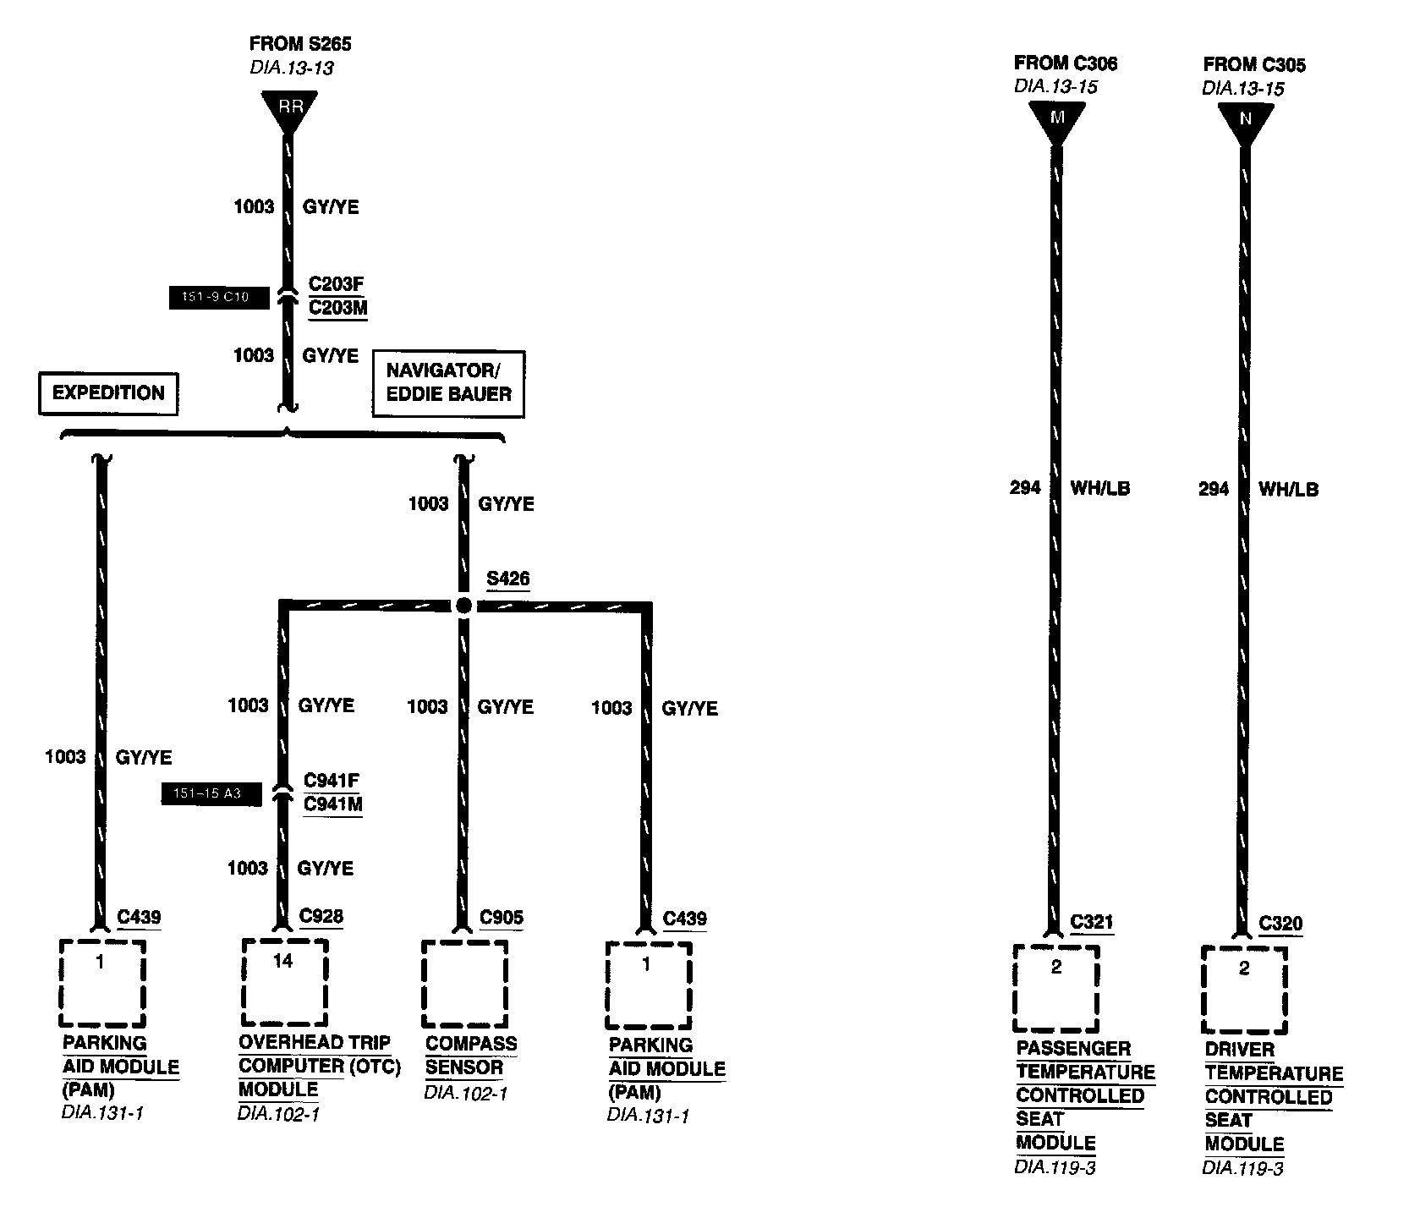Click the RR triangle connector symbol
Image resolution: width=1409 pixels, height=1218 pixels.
[290, 108]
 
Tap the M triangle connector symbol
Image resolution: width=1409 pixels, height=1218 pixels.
[1056, 119]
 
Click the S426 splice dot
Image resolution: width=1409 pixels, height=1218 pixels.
[463, 606]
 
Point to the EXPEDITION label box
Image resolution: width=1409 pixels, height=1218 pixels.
[108, 393]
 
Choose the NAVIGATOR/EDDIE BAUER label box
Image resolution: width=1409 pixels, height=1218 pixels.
[448, 383]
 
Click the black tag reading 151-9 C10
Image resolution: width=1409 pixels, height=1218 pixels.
[219, 298]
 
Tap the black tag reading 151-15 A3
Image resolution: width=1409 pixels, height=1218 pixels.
[211, 793]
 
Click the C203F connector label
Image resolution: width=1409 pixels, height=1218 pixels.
[336, 283]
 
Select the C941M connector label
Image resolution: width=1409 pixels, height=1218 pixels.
[333, 804]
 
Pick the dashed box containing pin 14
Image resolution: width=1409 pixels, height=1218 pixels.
[284, 981]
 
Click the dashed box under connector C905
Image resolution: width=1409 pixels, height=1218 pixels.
[464, 983]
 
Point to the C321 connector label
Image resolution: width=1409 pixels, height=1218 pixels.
[1091, 922]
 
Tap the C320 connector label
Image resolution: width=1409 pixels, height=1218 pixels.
[1280, 924]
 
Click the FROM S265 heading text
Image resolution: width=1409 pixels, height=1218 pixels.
[300, 43]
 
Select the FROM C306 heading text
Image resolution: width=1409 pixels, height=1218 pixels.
[1066, 63]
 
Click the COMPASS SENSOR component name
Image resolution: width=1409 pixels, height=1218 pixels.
[470, 1055]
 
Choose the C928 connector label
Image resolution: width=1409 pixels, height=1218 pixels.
[321, 917]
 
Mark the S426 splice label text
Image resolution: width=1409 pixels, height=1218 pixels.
[507, 579]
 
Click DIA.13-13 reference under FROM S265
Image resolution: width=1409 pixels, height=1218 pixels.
[291, 67]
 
